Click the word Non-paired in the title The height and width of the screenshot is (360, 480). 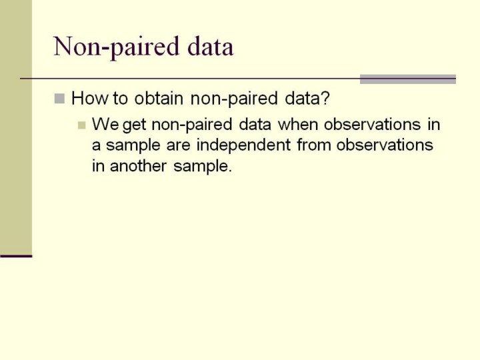click(116, 47)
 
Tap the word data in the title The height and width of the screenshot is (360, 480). click(210, 46)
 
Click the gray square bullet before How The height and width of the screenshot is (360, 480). click(59, 99)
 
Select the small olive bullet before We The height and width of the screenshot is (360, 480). click(82, 125)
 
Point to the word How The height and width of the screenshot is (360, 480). click(90, 98)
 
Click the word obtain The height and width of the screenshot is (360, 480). click(159, 98)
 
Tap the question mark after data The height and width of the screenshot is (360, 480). click(325, 98)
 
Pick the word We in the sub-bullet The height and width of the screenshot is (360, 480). click(105, 124)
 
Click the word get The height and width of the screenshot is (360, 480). click(134, 126)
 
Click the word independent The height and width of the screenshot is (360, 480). click(243, 145)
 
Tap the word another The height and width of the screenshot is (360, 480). click(139, 166)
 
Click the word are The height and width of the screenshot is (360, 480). click(178, 146)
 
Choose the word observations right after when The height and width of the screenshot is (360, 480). click(372, 124)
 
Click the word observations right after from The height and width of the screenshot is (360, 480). click(385, 145)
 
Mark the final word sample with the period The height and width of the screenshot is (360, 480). click(203, 167)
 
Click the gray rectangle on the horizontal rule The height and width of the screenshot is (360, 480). click(408, 79)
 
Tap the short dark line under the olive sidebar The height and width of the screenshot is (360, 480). click(16, 256)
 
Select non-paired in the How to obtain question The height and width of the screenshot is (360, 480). click(234, 99)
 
